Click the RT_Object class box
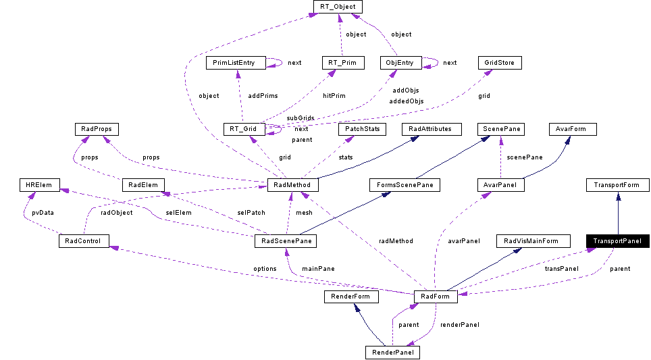[338, 7]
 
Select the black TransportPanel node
[617, 241]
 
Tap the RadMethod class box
[292, 185]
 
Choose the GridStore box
[500, 63]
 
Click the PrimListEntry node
[234, 63]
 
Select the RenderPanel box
[392, 353]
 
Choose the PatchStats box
[361, 129]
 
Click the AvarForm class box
[571, 129]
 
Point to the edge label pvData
[43, 212]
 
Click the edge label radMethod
[396, 240]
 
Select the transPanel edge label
[562, 269]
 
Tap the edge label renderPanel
[459, 325]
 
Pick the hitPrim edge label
[334, 96]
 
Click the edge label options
[265, 269]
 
